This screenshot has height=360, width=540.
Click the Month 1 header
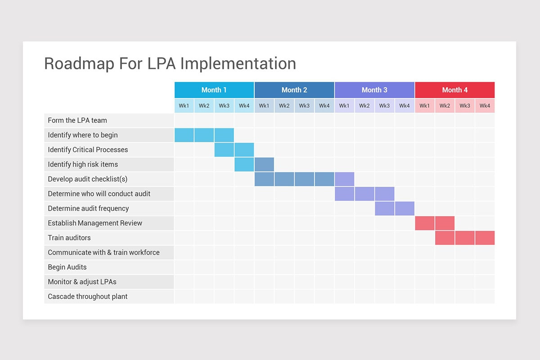pos(214,90)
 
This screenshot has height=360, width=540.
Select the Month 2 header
pos(294,90)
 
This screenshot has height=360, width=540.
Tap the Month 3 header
pos(374,90)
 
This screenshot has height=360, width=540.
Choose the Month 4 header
pos(454,90)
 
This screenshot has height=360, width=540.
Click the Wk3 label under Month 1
pos(224,106)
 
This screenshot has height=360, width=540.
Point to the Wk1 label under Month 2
pos(264,106)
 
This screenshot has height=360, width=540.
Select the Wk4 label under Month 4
pos(485,106)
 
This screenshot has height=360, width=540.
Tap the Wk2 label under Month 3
pos(364,106)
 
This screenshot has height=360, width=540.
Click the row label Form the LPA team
pos(77,121)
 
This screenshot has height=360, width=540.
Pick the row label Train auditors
pos(69,238)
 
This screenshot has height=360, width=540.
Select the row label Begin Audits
pos(67,267)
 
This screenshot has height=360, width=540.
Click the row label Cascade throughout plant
pos(88,297)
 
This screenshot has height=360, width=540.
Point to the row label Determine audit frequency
pos(88,208)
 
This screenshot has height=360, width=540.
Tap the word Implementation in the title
pos(238,63)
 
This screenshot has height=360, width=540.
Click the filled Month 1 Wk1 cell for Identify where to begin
pos(184,135)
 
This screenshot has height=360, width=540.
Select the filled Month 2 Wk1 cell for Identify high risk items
pos(264,164)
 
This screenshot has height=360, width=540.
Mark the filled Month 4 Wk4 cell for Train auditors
pos(485,238)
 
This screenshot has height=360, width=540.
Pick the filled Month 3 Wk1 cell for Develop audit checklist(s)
pos(344,179)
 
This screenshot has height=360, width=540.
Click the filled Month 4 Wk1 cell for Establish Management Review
pos(424,223)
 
